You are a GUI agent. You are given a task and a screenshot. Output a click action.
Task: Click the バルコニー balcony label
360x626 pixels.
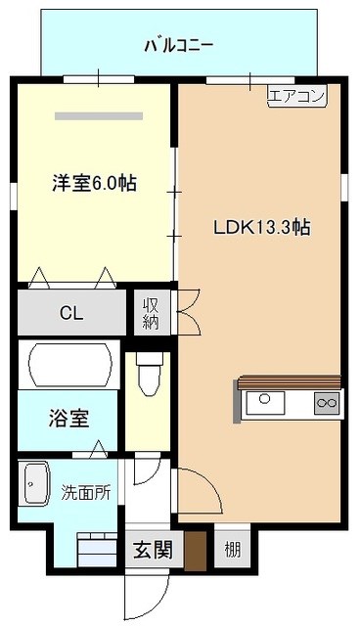tap(178, 46)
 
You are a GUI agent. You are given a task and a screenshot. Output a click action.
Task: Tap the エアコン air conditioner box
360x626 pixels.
tap(297, 96)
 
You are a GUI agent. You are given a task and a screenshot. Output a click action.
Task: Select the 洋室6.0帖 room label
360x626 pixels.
tap(94, 184)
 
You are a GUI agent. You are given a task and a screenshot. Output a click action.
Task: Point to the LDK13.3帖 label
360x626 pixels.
tap(262, 228)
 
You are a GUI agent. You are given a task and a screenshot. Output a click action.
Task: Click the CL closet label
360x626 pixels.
tap(71, 313)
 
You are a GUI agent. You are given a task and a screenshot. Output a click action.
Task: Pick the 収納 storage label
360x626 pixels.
tap(152, 313)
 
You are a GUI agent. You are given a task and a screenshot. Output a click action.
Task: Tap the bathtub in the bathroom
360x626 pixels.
tap(69, 365)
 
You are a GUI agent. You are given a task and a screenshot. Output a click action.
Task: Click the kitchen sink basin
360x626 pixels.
tap(265, 402)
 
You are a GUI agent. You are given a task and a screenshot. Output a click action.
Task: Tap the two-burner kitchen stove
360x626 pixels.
tap(327, 403)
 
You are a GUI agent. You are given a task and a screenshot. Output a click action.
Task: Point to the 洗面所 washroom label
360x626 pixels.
tap(86, 493)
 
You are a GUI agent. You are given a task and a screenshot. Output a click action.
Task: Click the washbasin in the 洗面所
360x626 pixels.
tap(37, 483)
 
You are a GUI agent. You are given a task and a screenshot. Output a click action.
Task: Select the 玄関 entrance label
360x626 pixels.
tap(153, 551)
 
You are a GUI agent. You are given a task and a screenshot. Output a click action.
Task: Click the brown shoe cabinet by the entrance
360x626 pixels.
tap(196, 551)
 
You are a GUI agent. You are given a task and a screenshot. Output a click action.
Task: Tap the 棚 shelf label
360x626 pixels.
tap(232, 551)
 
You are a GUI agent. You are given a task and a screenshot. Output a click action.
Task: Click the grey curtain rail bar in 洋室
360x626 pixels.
tap(99, 116)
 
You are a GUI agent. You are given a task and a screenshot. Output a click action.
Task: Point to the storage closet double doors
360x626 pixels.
tap(187, 312)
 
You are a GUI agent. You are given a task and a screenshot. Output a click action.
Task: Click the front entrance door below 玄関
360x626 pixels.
tap(147, 598)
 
